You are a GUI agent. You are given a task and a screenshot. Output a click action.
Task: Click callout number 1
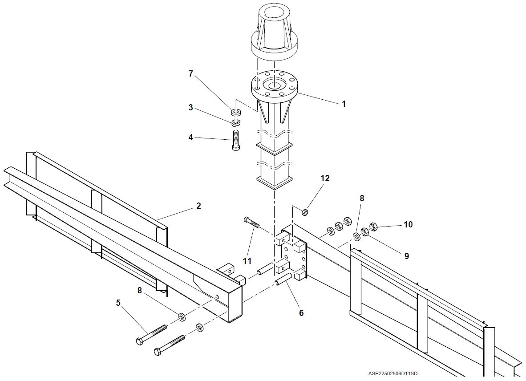[344, 104]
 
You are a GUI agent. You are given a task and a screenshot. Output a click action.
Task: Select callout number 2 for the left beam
[198, 206]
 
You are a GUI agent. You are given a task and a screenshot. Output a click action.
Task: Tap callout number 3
[190, 107]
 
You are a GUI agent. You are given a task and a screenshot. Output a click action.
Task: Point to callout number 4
[190, 137]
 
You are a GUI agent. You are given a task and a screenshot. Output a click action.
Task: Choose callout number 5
[118, 303]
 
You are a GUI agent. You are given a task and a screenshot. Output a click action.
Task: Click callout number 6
[301, 313]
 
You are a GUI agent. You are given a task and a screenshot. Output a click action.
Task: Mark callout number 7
[191, 73]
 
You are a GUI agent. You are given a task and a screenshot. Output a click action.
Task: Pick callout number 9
[407, 256]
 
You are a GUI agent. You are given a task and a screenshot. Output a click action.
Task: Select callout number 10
[408, 224]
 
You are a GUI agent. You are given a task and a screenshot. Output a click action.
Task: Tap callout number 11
[247, 260]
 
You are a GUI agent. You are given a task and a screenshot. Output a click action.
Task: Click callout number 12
[325, 178]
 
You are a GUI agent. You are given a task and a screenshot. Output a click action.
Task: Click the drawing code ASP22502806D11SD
[392, 373]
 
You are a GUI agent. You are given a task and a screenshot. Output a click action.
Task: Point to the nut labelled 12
[305, 212]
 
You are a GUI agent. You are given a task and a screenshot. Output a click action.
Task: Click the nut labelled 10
[373, 227]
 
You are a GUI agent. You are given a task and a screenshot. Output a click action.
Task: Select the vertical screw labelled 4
[235, 139]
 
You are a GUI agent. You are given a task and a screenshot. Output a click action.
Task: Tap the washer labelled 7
[236, 112]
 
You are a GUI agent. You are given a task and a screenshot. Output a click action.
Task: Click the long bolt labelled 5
[151, 334]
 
